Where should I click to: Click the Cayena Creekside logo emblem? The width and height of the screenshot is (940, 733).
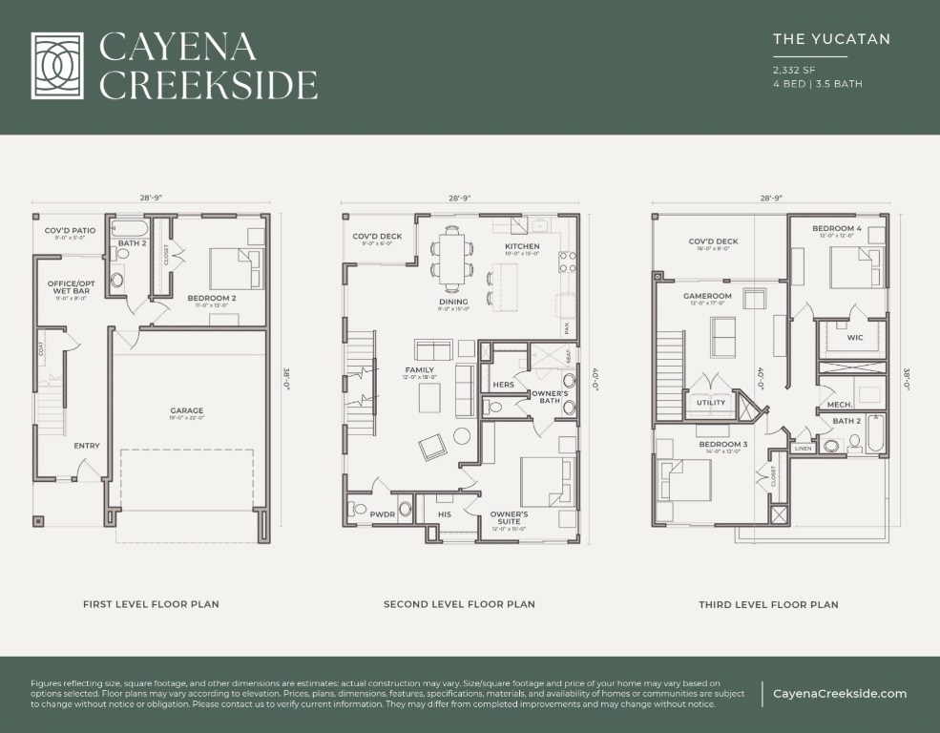coord(63,66)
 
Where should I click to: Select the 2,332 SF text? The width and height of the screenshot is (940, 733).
coord(794,70)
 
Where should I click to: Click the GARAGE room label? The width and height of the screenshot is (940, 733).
coord(187,411)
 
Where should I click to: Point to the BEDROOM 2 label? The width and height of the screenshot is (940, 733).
coord(211,299)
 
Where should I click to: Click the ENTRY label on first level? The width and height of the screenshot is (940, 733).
coord(87,446)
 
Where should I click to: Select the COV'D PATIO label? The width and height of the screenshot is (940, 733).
coord(70,231)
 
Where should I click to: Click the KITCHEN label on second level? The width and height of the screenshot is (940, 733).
coord(522,246)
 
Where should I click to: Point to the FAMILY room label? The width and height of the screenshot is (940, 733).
coord(419,369)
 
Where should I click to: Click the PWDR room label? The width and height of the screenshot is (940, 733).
coord(382,513)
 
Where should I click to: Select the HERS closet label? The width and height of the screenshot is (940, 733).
coord(504,385)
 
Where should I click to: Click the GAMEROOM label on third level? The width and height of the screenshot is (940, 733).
coord(707,296)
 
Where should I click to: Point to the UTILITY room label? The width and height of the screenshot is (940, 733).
coord(711,402)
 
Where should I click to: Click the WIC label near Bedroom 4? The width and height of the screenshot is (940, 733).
coord(855,337)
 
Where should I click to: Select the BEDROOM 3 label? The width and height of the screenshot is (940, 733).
coord(723,445)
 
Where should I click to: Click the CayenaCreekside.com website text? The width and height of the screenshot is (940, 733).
coord(840,694)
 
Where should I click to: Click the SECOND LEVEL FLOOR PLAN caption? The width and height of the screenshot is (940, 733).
coord(459,604)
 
